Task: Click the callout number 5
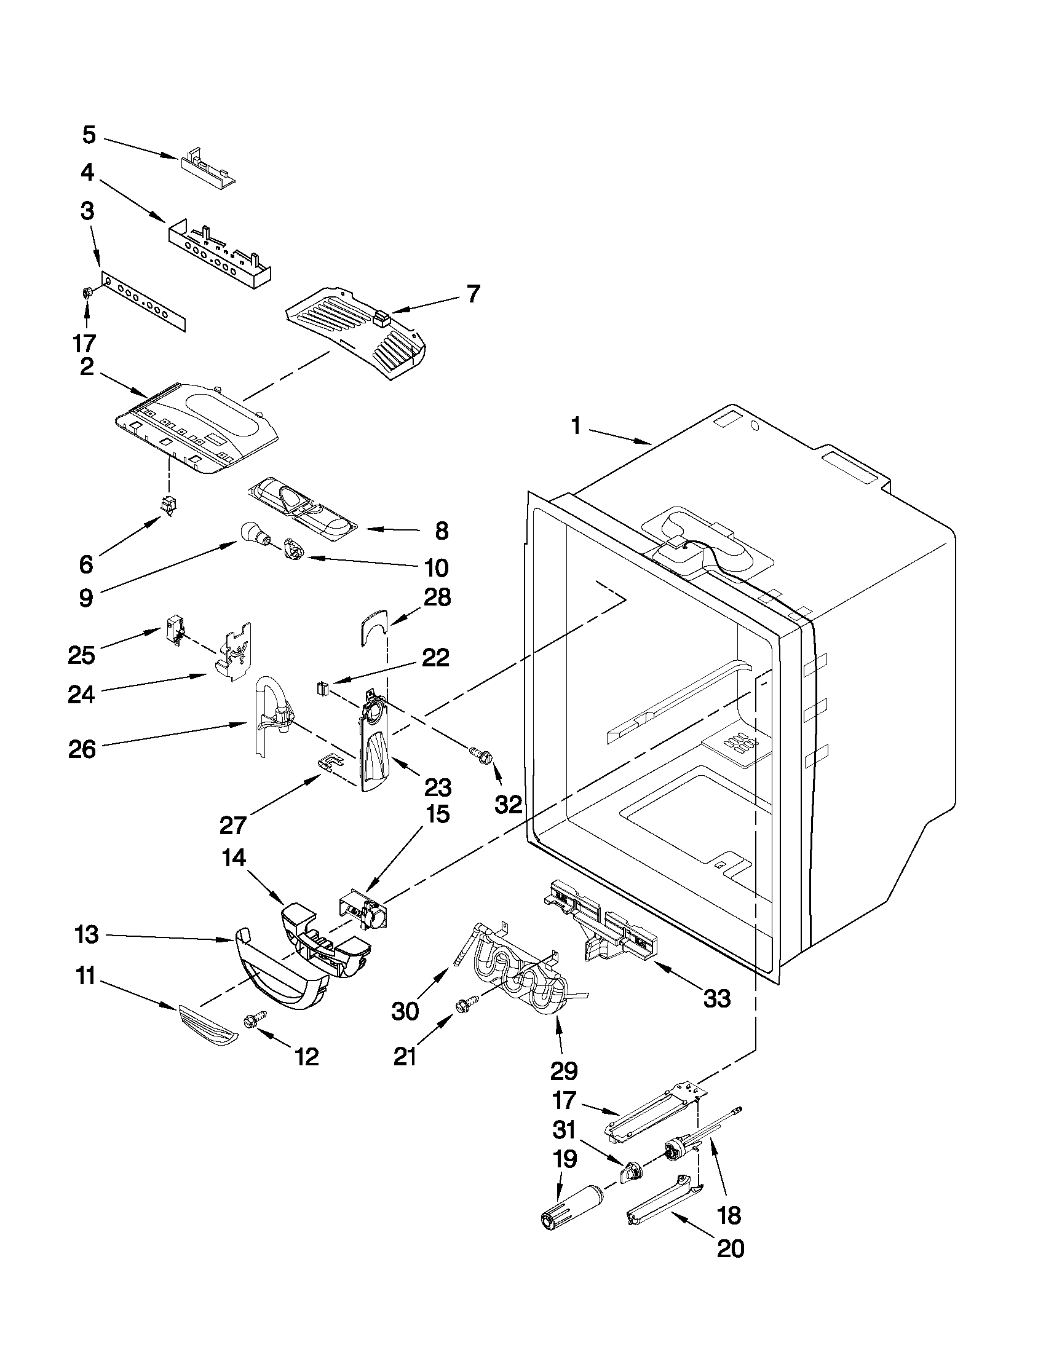pyautogui.click(x=89, y=135)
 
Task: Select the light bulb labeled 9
pyautogui.click(x=250, y=532)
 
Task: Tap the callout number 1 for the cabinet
pyautogui.click(x=576, y=427)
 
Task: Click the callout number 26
pyautogui.click(x=82, y=749)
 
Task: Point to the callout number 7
pyautogui.click(x=472, y=294)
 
